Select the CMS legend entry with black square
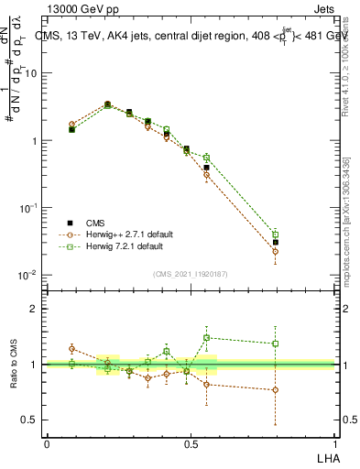click(94, 223)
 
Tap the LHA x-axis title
click(325, 457)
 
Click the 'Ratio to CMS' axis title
click(14, 365)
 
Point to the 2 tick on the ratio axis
click(35, 309)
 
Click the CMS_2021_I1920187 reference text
click(191, 274)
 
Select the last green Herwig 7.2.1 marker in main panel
click(275, 234)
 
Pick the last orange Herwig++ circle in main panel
click(275, 251)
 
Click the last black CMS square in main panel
click(275, 243)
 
